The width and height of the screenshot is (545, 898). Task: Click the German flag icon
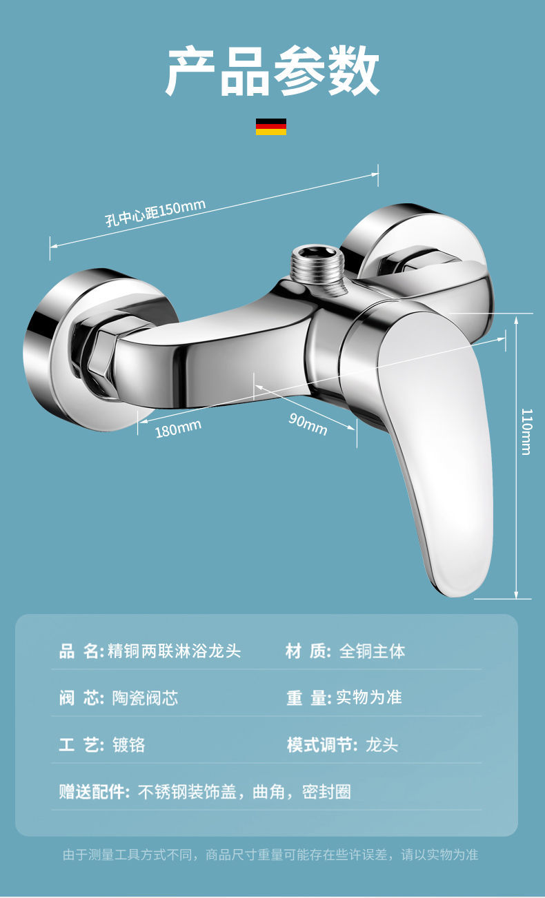[x=271, y=126]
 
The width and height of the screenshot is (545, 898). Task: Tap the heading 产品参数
[x=272, y=72]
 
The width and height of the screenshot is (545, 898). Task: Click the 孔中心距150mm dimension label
[x=155, y=212]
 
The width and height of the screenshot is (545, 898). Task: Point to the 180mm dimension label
[x=178, y=428]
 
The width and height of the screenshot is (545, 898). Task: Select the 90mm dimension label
[x=308, y=423]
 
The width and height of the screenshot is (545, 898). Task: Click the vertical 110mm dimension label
[x=526, y=431]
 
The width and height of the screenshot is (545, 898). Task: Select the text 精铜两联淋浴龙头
[x=175, y=651]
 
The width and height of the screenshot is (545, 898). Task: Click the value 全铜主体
[x=372, y=651]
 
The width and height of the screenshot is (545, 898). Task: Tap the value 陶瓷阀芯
[x=145, y=698]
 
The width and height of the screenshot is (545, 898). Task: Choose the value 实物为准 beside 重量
[x=369, y=697]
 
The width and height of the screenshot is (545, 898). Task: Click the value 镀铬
[x=128, y=745]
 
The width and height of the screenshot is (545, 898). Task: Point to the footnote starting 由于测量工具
[x=270, y=855]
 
